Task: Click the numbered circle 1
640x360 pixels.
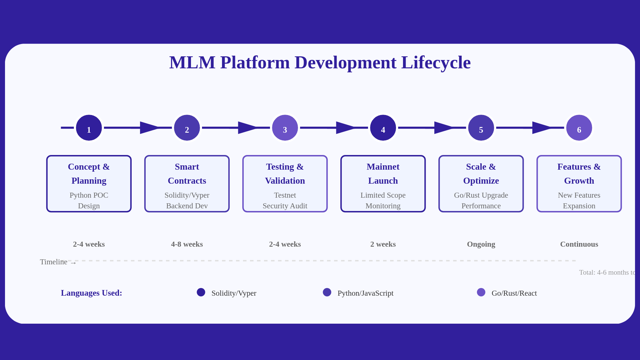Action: click(x=89, y=128)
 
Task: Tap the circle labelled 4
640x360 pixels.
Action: click(x=383, y=128)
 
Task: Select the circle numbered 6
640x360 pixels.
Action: click(x=579, y=128)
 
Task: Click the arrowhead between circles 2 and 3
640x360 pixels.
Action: click(x=247, y=128)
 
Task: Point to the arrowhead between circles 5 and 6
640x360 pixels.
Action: click(x=542, y=128)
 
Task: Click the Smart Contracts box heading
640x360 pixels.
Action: click(x=187, y=174)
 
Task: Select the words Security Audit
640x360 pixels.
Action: click(x=285, y=206)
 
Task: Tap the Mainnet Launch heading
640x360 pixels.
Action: click(x=383, y=174)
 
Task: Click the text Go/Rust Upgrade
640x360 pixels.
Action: click(x=481, y=195)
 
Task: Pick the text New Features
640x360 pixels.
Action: click(x=579, y=195)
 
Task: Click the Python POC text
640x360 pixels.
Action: click(x=89, y=195)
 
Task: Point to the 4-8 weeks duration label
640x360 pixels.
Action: click(x=187, y=244)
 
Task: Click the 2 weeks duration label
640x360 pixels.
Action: click(x=383, y=244)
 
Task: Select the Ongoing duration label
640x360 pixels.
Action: click(x=481, y=244)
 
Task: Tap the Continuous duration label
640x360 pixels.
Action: click(x=579, y=244)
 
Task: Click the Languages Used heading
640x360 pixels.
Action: click(x=91, y=293)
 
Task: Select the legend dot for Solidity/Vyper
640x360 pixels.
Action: click(x=201, y=292)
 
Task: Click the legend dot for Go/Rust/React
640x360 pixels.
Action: click(x=481, y=292)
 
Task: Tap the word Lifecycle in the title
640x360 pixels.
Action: click(x=436, y=63)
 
